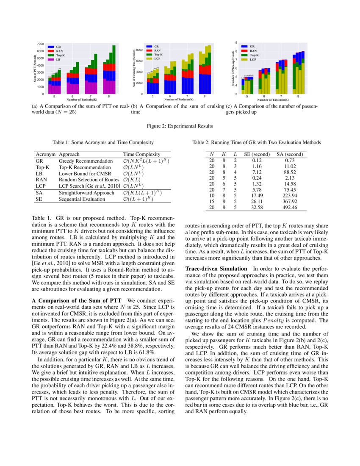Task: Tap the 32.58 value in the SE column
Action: click(257, 208)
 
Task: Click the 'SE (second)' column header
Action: click(257, 155)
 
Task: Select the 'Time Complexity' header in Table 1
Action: click(141, 155)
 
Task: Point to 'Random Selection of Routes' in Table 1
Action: click(89, 180)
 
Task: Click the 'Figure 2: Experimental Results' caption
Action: click(180, 126)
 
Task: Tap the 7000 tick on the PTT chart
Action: click(40, 44)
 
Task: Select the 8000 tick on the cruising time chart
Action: click(138, 50)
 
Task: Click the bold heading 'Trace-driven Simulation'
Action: click(216, 269)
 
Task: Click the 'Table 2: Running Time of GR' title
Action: click(257, 142)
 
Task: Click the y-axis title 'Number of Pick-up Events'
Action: click(233, 69)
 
